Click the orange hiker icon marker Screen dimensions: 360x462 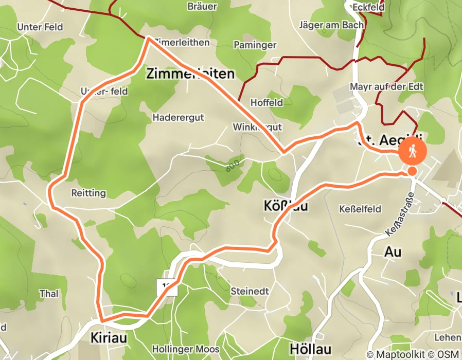(413, 151)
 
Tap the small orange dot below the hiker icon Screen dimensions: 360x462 (412, 171)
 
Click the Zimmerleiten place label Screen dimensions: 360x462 (190, 74)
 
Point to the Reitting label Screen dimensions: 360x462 (88, 193)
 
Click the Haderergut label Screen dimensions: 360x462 (178, 117)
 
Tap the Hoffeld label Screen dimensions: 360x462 (266, 102)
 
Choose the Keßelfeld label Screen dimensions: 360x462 (360, 209)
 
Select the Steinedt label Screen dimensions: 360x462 (250, 291)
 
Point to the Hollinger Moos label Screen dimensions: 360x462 (186, 350)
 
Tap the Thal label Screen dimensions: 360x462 (49, 294)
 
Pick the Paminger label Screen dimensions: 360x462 (255, 45)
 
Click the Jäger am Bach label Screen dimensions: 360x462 (331, 24)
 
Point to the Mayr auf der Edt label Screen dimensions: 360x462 (386, 86)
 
